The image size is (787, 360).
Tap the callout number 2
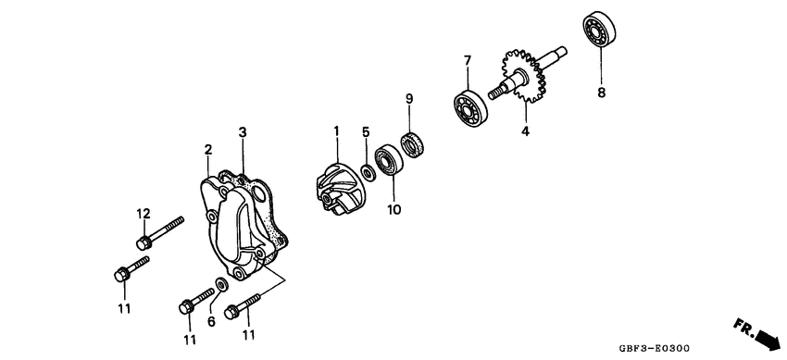207,149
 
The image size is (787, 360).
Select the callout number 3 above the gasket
243,132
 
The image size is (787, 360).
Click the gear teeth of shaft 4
524,75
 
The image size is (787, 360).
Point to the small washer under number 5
369,172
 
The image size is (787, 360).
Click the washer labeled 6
222,284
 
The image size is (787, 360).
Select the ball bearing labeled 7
469,106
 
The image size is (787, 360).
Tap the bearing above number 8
600,29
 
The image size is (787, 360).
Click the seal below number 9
413,144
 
